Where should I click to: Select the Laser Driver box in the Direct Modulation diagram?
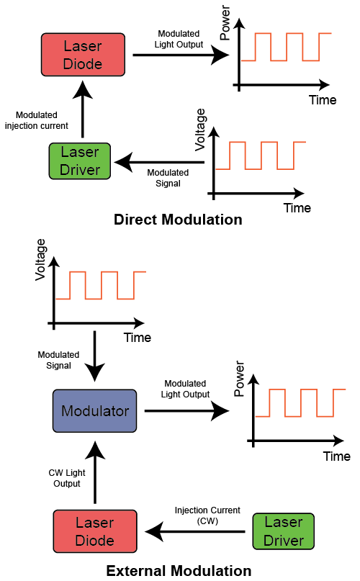tap(80, 161)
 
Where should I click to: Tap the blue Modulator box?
tap(95, 411)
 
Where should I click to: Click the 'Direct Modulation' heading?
tap(178, 220)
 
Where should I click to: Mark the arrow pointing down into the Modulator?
tap(95, 364)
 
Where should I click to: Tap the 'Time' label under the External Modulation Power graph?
tap(336, 456)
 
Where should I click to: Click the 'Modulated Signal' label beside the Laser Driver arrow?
tap(168, 178)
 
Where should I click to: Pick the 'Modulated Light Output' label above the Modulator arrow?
tap(186, 389)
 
